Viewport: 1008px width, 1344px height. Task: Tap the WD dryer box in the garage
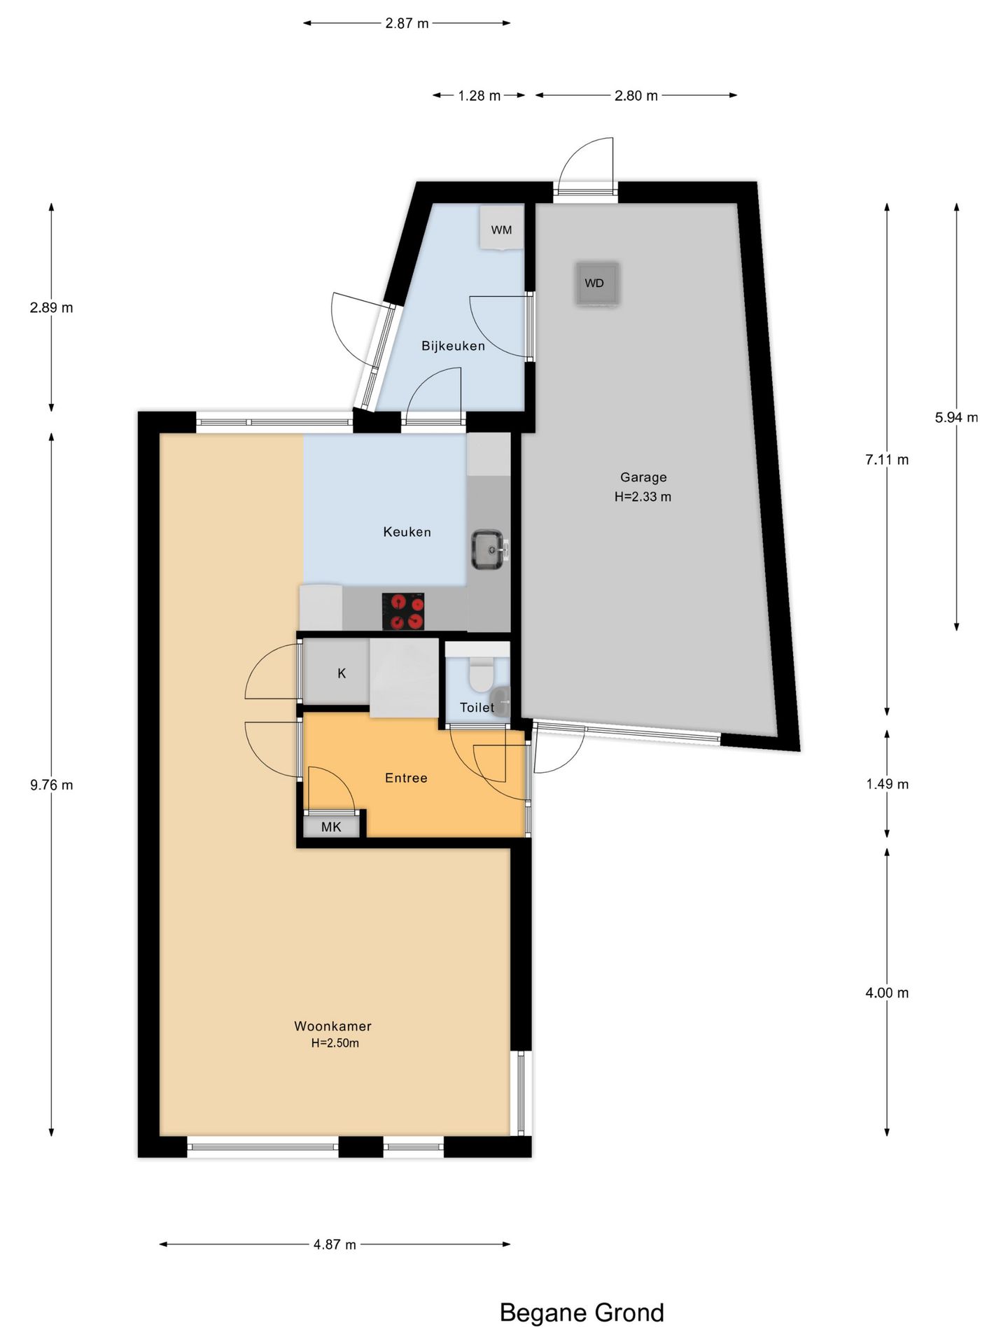coord(596,283)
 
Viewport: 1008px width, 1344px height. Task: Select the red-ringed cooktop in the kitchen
coord(403,611)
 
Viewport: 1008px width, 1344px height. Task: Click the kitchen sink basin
coord(488,549)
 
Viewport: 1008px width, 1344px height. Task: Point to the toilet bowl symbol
coord(481,675)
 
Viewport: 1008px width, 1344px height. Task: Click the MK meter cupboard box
coord(331,827)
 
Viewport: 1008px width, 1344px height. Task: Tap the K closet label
coord(342,673)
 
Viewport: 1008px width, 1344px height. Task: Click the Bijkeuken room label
coord(453,346)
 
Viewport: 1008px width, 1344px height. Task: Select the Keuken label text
coord(407,532)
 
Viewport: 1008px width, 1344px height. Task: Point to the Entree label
coord(406,778)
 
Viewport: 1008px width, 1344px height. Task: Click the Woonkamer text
coord(332,1026)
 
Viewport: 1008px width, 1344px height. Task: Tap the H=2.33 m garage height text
coord(643,497)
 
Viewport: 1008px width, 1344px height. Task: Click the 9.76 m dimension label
coord(51,785)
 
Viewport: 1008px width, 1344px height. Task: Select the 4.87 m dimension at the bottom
coord(335,1245)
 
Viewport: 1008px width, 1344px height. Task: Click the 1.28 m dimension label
coord(479,96)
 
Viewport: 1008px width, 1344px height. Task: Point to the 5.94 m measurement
coord(956,417)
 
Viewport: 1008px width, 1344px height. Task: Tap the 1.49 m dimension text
coord(887,784)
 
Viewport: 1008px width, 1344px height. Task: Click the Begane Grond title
coord(582,1313)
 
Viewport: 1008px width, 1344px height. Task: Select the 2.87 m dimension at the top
coord(407,23)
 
